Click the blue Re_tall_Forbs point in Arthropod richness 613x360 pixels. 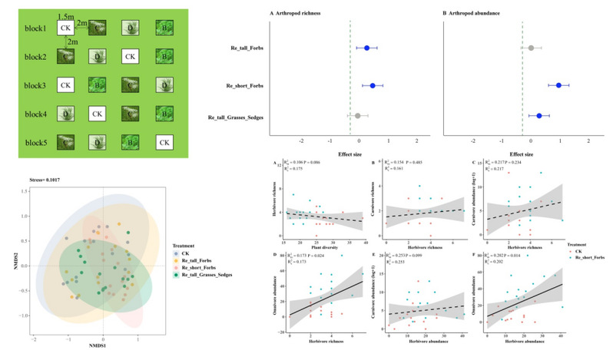366,48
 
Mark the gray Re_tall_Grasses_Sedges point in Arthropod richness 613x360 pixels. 357,116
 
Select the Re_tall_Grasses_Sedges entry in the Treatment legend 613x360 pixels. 207,274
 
